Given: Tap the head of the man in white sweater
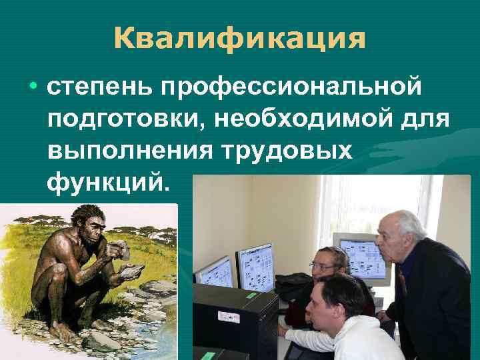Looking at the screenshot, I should [337, 300].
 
